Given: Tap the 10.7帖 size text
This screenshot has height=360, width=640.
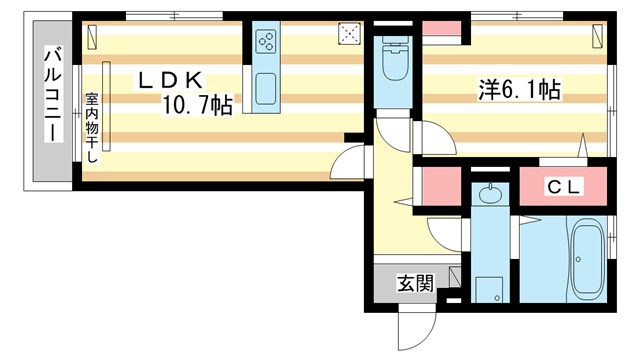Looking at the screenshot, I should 198,105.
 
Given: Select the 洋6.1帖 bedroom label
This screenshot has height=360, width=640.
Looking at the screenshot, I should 517,91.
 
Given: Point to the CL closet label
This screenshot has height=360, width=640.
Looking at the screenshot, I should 564,187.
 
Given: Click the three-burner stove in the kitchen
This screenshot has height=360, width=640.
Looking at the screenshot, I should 267,42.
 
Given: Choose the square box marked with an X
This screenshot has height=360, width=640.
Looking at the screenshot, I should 350,33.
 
